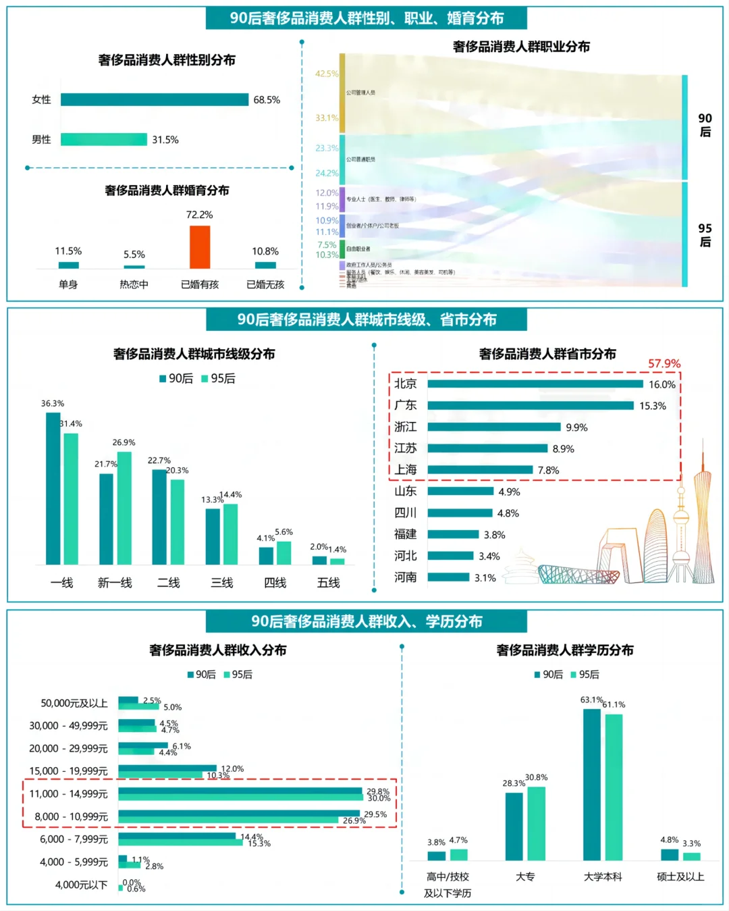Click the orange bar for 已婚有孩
pos(200,247)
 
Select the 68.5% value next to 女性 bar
pos(267,100)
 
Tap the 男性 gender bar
pos(104,140)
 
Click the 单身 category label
pos(68,284)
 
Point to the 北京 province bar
pos(535,384)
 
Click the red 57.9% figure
pos(664,363)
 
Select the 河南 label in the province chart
pos(406,577)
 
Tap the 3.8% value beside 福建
pos(494,535)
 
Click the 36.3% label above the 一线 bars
pos(53,403)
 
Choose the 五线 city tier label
pos(329,582)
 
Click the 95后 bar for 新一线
pos(124,508)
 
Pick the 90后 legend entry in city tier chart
pos(176,378)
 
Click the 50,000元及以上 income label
pos(74,703)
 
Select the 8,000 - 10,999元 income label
pos(72,816)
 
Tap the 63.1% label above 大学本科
pos(591,700)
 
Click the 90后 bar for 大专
pos(514,826)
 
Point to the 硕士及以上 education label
pos(680,877)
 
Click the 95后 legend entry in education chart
pos(585,674)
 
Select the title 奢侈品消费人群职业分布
pos(521,47)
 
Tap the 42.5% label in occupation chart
pos(327,74)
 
